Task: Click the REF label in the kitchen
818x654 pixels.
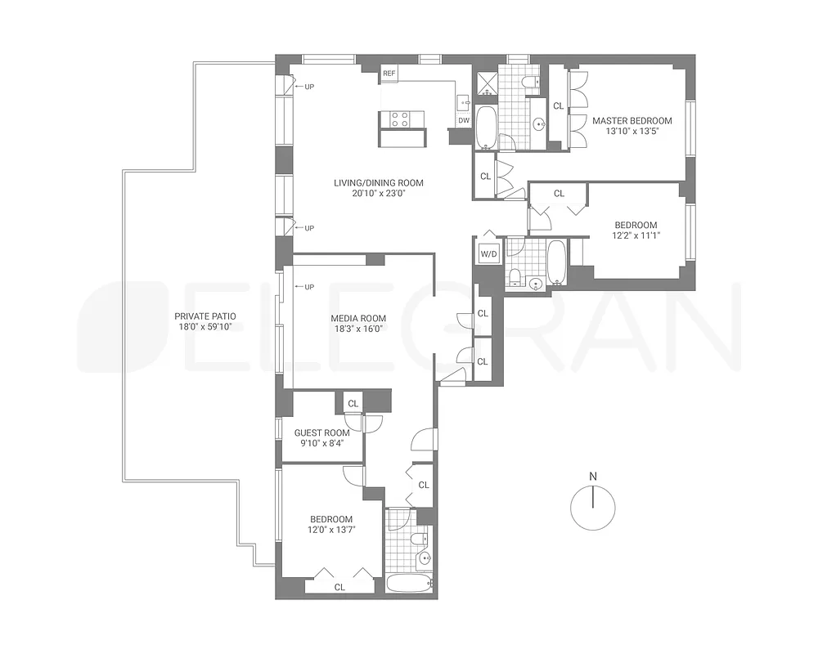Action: [389, 74]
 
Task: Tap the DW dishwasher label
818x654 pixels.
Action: [464, 120]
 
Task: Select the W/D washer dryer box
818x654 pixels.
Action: [488, 253]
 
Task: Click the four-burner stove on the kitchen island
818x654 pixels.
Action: [399, 119]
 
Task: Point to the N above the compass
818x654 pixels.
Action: [593, 476]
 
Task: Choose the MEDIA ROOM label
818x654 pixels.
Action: [358, 318]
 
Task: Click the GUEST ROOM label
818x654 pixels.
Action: [322, 433]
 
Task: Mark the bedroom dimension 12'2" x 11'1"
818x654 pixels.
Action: [636, 236]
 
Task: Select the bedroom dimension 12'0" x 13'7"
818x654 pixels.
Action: [331, 530]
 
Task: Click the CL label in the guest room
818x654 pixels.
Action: [353, 403]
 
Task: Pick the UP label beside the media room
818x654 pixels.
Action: [308, 287]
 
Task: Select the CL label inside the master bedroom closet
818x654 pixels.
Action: [558, 105]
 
